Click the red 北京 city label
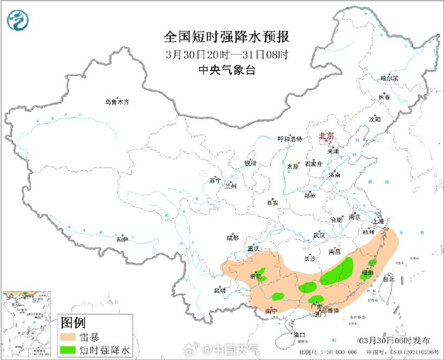point(327,136)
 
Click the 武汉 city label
point(319,235)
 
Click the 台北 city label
point(389,279)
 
